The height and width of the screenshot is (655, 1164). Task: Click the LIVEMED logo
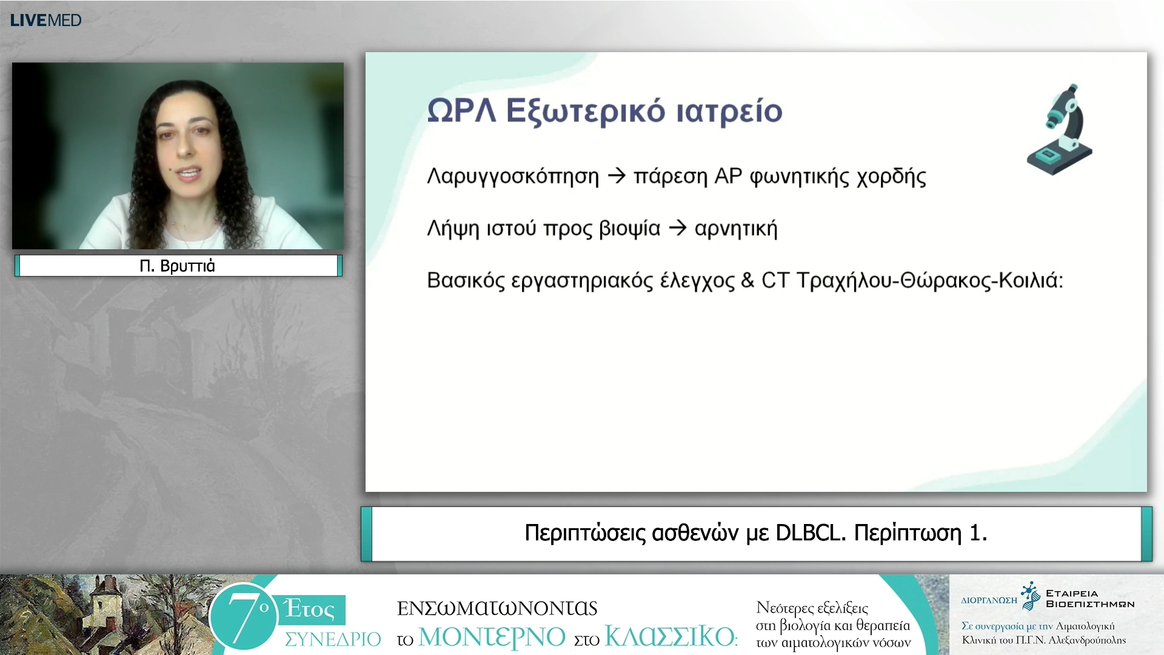(45, 20)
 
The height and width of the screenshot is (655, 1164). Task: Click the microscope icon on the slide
(1060, 130)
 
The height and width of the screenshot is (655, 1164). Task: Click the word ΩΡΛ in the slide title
(461, 111)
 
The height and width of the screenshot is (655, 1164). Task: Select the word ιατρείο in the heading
(729, 111)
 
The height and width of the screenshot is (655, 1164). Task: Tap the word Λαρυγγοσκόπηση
(513, 176)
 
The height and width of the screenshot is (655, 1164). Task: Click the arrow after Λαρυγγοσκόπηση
(617, 176)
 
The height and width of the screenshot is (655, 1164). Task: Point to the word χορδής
(891, 177)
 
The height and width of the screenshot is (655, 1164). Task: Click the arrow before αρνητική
(677, 229)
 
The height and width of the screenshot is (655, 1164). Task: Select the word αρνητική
(736, 229)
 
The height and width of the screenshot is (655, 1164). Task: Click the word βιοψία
(629, 229)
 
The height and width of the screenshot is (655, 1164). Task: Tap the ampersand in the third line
(748, 280)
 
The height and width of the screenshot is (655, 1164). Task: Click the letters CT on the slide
(775, 280)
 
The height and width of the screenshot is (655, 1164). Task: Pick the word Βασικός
(466, 281)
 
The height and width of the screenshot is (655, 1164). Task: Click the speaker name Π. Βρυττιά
(177, 266)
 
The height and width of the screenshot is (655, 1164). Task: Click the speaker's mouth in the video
(188, 173)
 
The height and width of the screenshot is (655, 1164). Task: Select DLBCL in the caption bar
(810, 532)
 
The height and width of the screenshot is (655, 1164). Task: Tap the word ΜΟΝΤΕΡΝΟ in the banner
(492, 637)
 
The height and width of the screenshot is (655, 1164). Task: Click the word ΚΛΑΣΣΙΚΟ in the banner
(670, 637)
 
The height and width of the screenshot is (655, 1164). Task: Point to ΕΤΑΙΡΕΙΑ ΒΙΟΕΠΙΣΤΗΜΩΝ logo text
(1089, 599)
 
